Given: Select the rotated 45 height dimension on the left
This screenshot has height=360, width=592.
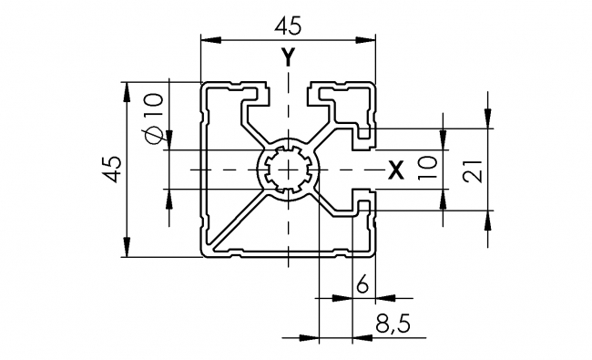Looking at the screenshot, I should tap(110, 170).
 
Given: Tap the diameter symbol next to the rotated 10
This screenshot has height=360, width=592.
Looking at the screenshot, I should tap(153, 134).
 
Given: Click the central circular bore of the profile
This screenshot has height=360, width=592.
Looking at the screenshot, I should tap(288, 170).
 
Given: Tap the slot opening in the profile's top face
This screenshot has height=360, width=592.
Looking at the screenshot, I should tap(288, 88).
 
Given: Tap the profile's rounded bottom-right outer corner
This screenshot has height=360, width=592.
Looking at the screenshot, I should tap(373, 254).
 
